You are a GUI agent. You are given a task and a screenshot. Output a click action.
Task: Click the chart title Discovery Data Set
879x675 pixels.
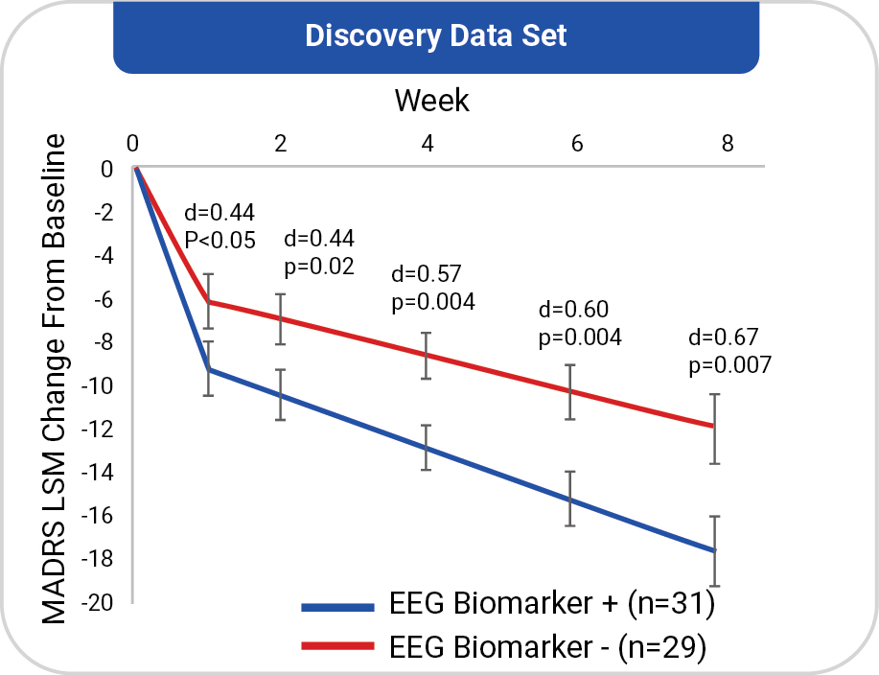pos(436,36)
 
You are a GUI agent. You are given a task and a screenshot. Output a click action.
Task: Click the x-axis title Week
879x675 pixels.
pos(432,99)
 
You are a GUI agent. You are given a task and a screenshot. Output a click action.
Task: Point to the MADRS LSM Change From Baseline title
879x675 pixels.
pos(58,379)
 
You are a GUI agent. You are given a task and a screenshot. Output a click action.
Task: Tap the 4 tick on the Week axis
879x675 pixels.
pos(428,144)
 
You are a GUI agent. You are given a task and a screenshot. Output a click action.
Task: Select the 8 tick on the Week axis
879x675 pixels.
pos(728,144)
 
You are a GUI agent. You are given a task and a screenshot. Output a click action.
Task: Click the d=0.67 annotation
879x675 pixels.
pos(724,337)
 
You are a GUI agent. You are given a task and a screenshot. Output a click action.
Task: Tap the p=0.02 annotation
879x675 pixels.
pos(319,266)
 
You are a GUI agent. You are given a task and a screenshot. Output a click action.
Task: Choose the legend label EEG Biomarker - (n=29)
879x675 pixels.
pos(548,648)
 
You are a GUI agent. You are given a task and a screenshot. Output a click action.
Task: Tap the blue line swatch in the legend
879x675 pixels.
pos(336,606)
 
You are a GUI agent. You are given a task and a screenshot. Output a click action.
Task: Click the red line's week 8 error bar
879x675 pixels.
pos(714,429)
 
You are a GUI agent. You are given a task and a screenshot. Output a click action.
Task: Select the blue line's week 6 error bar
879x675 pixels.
pos(570,499)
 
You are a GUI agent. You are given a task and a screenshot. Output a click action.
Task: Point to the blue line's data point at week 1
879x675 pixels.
pos(210,369)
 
